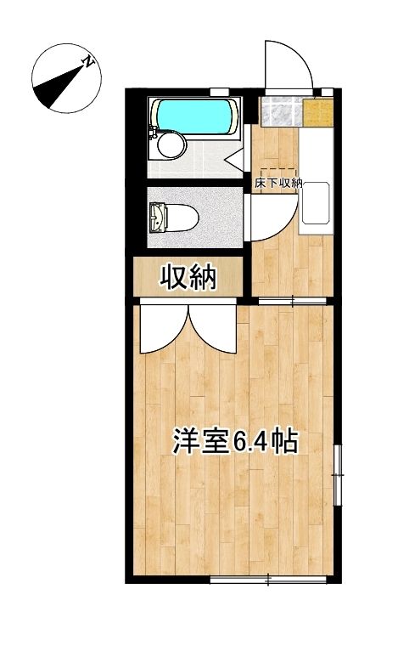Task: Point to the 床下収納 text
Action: (x=278, y=183)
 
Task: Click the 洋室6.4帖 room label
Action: (x=235, y=442)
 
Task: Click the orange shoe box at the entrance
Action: (x=317, y=111)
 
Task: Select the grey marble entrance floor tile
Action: (x=280, y=112)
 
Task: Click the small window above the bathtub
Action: (x=220, y=91)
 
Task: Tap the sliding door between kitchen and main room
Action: (x=292, y=300)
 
